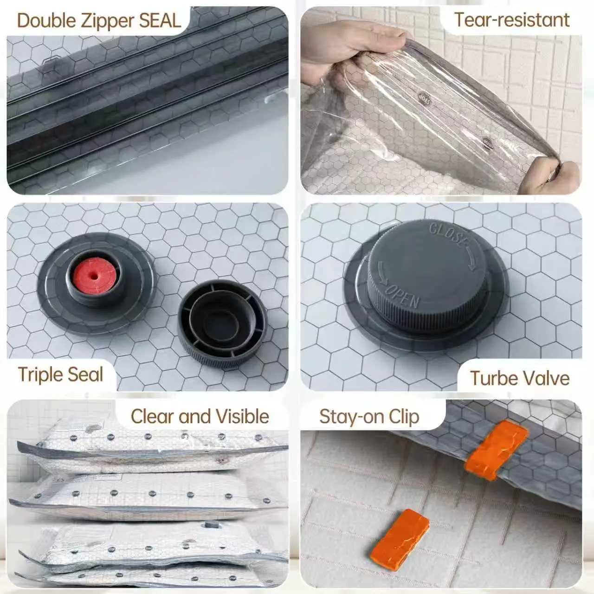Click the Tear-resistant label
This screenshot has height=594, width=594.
511,20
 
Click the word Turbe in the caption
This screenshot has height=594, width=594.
492,378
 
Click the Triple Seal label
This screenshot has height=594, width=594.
60,374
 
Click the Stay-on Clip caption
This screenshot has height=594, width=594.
369,416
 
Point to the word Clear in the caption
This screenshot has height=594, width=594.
151,416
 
